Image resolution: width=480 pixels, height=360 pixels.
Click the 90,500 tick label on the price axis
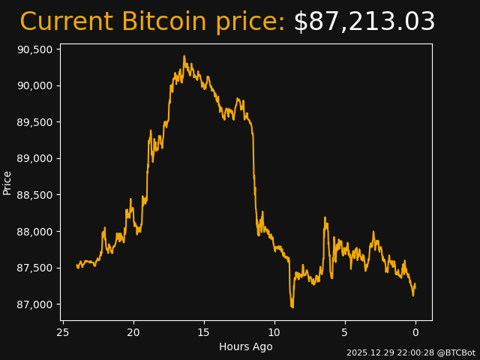[35, 49]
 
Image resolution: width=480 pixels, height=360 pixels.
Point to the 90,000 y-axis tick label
[35, 85]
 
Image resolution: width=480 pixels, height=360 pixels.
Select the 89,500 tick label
[35, 122]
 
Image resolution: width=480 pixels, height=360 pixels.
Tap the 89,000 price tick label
[35, 158]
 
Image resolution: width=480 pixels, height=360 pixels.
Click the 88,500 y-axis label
[35, 195]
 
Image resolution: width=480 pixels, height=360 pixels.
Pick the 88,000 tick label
[35, 232]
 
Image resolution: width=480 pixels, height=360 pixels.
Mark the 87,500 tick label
[35, 268]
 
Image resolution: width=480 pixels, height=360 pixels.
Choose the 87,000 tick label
[35, 304]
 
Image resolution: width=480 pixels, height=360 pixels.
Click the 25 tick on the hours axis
[63, 332]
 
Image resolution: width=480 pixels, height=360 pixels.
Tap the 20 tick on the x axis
[133, 332]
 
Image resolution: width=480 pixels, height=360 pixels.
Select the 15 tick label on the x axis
[204, 332]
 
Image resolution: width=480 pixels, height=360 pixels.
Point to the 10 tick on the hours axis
[274, 332]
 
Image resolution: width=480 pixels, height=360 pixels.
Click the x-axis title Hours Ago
[245, 346]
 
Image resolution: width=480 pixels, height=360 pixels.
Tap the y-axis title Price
[7, 182]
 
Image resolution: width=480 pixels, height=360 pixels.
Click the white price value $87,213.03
[364, 22]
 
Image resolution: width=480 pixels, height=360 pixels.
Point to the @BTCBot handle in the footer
[456, 352]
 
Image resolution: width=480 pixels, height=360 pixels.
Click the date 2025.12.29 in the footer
[368, 352]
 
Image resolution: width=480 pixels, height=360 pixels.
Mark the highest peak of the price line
[184, 56]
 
